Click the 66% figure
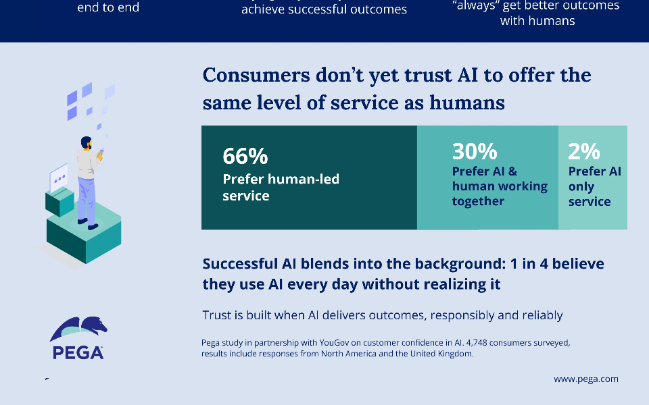tap(245, 156)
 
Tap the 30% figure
tap(475, 151)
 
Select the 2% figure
tap(583, 151)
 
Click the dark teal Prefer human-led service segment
tap(309, 178)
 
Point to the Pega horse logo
tap(78, 329)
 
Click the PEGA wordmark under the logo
tap(78, 352)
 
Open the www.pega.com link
tap(586, 379)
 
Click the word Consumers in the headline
tap(256, 75)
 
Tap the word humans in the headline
tap(467, 103)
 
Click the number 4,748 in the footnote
tap(477, 343)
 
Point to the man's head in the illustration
tap(86, 143)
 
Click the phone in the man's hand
tap(101, 152)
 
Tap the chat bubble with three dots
tap(59, 178)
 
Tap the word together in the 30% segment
tap(478, 201)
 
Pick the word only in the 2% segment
tap(581, 187)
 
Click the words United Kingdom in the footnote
tap(441, 354)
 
